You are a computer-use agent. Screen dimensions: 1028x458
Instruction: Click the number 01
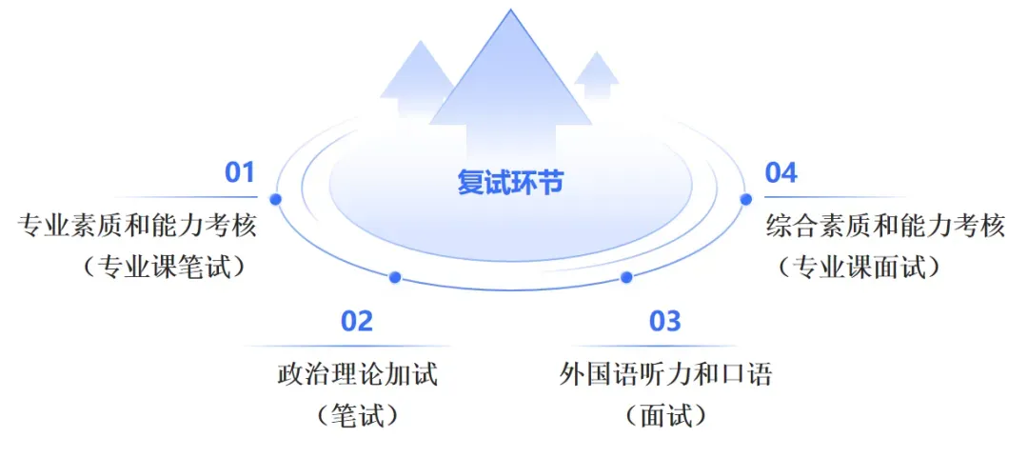pos(240,173)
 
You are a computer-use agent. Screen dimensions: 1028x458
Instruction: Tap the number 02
pos(357,322)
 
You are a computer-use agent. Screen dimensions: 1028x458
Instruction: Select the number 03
pos(665,322)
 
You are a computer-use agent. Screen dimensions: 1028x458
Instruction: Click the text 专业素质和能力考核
pos(138,227)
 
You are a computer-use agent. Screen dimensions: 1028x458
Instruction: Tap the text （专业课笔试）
pos(165,268)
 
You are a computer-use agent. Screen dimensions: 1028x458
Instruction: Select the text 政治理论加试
pos(358,374)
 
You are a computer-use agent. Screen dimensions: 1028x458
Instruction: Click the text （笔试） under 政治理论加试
pos(356,415)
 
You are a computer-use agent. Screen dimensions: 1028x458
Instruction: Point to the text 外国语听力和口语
pos(665,374)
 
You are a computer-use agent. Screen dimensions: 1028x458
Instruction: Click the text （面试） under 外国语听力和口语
pos(665,415)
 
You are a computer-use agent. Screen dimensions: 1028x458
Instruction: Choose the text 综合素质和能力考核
pos(886,227)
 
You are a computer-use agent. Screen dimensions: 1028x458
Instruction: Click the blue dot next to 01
pos(276,199)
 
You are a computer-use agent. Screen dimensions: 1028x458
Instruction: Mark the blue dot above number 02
pos(395,277)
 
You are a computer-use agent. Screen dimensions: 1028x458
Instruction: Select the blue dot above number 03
pos(625,277)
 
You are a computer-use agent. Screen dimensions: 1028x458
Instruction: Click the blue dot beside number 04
pos(745,199)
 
